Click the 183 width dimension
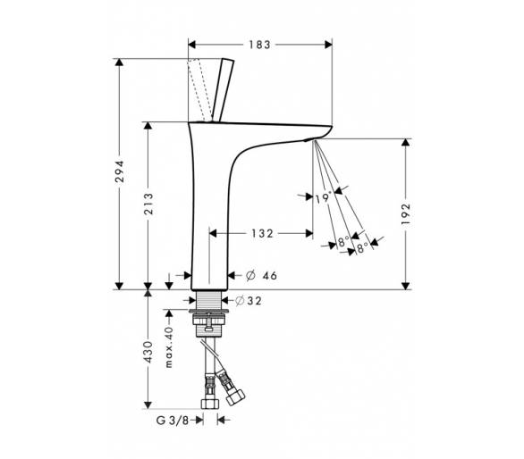(x=259, y=45)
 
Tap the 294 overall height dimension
(x=119, y=171)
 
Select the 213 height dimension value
(x=148, y=204)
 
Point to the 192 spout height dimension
(x=405, y=213)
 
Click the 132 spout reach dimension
(x=262, y=233)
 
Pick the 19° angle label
(x=324, y=198)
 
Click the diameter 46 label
(x=262, y=275)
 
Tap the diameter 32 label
(x=249, y=301)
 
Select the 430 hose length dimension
(x=148, y=352)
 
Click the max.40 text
(x=169, y=347)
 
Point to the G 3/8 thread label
(x=173, y=420)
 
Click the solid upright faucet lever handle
(x=223, y=90)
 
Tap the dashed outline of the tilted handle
(x=199, y=90)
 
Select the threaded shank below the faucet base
(x=209, y=300)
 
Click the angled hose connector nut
(x=234, y=396)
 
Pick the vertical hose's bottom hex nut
(x=210, y=403)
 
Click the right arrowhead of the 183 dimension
(x=328, y=45)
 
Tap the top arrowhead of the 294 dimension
(x=119, y=63)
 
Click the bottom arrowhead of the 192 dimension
(x=405, y=286)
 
